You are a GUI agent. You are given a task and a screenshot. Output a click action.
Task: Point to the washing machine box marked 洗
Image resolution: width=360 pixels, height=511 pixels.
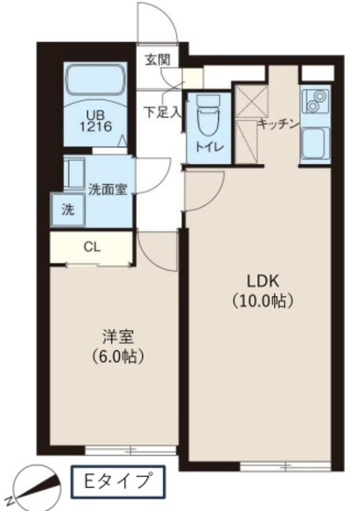click(68, 209)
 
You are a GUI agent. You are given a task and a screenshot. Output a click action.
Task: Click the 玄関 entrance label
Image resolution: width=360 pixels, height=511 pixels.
click(157, 60)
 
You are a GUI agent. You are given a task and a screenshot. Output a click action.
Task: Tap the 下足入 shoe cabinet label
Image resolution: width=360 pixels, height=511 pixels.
click(162, 112)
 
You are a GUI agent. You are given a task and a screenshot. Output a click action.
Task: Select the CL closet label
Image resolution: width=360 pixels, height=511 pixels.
click(92, 248)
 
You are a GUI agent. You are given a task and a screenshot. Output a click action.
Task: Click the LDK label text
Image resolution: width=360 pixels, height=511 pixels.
click(263, 281)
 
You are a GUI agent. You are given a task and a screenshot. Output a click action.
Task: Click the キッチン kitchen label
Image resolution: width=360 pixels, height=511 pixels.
click(279, 124)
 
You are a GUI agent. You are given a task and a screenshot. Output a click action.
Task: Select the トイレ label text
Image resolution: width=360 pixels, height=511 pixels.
click(209, 147)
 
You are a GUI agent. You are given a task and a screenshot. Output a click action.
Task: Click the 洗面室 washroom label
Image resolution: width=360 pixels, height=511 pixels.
click(108, 190)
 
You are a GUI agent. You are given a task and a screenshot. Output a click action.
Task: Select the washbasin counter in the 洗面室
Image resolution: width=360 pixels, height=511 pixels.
click(74, 173)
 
